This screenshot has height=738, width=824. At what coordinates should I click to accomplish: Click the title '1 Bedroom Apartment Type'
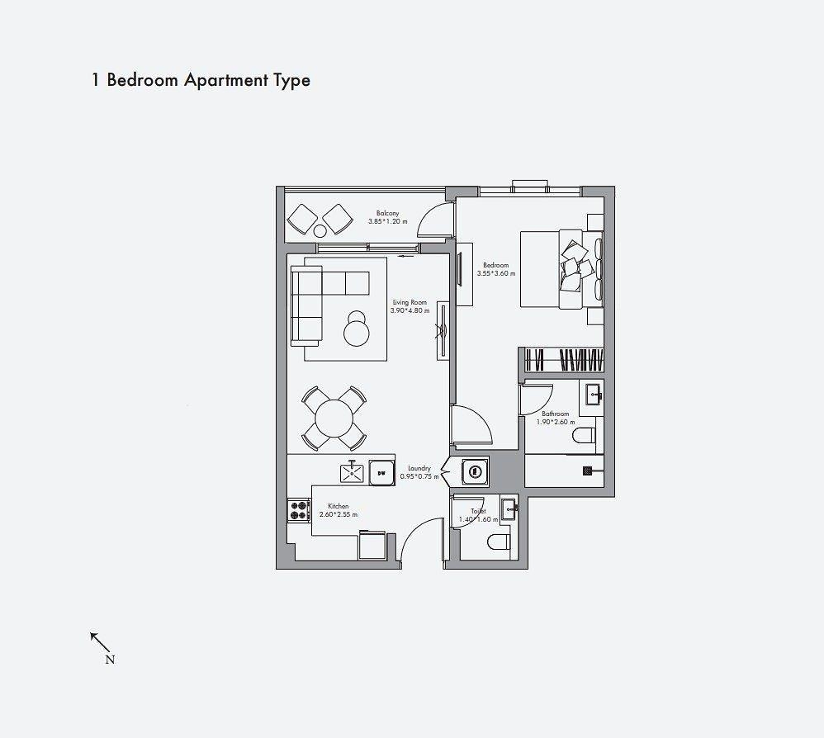pos(201,80)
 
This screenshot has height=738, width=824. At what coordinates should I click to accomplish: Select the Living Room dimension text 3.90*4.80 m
pos(410,311)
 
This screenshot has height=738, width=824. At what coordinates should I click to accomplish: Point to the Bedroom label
pos(495,265)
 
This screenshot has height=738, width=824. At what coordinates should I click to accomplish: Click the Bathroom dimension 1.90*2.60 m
pos(555,422)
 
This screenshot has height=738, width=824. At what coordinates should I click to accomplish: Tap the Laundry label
pos(419,468)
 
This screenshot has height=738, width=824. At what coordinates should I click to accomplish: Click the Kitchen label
pos(338,506)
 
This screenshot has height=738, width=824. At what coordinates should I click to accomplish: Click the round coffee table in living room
pos(358,331)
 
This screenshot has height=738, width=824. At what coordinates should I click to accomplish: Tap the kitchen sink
pos(352,473)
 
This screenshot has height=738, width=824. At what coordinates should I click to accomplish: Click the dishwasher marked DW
pos(381,473)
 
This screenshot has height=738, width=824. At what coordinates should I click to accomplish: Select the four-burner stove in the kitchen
pos(298,510)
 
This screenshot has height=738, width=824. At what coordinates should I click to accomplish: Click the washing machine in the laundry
pos(474,472)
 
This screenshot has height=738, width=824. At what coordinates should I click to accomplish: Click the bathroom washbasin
pos(593,395)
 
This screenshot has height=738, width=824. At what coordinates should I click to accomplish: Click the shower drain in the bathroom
pos(587,471)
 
